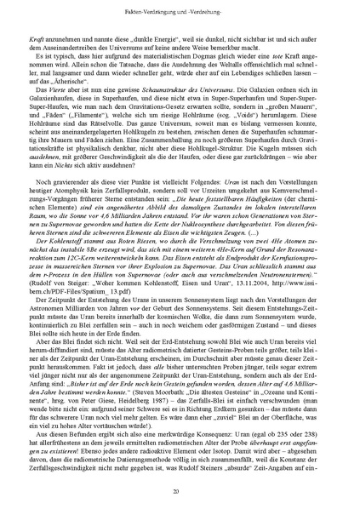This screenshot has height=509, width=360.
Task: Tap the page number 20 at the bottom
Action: [180, 492]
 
